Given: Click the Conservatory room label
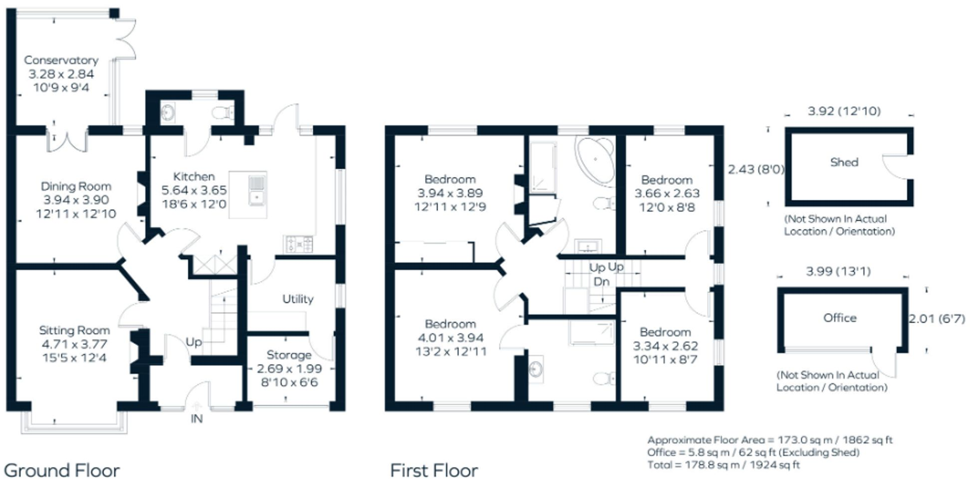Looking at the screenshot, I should (61, 60).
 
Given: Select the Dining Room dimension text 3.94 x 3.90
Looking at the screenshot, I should (76, 200).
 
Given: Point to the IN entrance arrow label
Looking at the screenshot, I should (197, 419).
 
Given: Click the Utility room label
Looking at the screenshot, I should (298, 299).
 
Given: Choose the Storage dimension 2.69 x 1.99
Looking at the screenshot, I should (289, 369).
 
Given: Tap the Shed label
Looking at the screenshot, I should (844, 162).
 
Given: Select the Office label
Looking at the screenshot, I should (840, 318).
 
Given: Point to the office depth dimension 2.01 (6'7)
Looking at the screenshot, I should (936, 319).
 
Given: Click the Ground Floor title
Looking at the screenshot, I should (62, 470).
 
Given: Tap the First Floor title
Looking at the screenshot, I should (434, 470).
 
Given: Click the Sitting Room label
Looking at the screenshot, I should (74, 330).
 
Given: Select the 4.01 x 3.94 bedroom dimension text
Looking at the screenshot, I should (450, 338).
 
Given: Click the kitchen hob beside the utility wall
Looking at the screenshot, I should (298, 244).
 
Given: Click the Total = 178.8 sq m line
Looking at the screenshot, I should (723, 465).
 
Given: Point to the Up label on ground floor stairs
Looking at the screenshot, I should (194, 342).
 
